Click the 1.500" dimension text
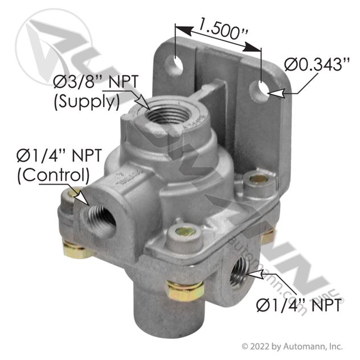tap(223, 28)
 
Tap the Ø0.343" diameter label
tap(317, 64)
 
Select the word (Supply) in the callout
tap(87, 102)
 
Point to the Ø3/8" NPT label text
tap(96, 82)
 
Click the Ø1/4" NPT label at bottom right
tap(298, 305)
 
